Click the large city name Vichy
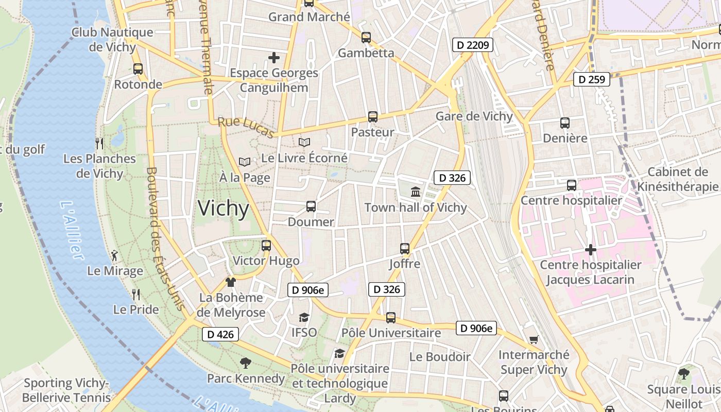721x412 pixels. click(x=224, y=208)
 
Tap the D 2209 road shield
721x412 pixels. click(x=473, y=45)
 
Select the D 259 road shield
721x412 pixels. click(x=592, y=79)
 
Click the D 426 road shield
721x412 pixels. click(x=220, y=334)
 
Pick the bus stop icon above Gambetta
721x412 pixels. click(x=366, y=38)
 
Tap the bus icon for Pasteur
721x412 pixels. click(x=372, y=117)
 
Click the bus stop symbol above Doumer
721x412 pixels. click(x=311, y=207)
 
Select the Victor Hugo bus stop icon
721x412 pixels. click(x=266, y=246)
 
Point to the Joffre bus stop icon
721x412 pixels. click(x=404, y=249)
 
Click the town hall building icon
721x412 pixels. click(x=415, y=192)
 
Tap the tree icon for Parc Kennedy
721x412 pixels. click(x=246, y=363)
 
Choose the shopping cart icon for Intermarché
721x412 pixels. click(x=534, y=339)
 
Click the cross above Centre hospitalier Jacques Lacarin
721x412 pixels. click(x=590, y=250)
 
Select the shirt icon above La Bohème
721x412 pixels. click(x=231, y=282)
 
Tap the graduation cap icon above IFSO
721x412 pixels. click(x=304, y=317)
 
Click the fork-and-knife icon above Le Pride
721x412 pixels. click(x=136, y=294)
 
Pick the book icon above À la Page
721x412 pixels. click(x=244, y=162)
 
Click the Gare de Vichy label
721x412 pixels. click(x=474, y=116)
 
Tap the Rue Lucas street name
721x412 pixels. click(x=246, y=128)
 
